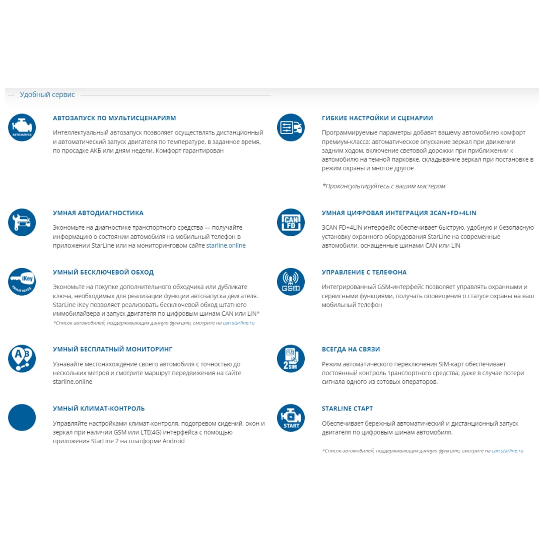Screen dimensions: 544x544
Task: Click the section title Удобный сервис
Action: [x=47, y=95]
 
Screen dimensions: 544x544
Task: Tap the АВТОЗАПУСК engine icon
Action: [x=22, y=127]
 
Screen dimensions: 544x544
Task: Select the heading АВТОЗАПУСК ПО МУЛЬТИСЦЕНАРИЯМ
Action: [x=114, y=118]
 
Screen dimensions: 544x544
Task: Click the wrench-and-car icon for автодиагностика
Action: [x=22, y=222]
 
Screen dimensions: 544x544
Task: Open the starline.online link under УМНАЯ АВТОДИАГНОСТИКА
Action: [x=226, y=245]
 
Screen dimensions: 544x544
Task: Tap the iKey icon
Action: [x=22, y=282]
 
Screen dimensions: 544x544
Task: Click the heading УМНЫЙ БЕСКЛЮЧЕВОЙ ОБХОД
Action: [x=103, y=272]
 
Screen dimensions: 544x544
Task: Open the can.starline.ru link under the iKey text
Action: [x=239, y=323]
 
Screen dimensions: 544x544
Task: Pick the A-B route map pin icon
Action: [x=22, y=358]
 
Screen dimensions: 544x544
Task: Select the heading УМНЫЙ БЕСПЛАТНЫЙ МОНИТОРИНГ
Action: [x=113, y=349]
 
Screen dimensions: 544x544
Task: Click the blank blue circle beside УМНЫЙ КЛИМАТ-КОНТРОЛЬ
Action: [x=22, y=418]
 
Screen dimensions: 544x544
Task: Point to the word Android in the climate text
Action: [x=173, y=441]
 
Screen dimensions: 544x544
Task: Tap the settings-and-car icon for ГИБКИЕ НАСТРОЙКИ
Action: [x=291, y=127]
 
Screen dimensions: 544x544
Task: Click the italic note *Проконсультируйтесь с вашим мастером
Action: [x=384, y=186]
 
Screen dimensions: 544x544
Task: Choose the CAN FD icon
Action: [x=291, y=222]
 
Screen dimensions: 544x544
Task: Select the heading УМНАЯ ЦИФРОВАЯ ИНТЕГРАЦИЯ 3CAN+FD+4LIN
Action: [x=399, y=213]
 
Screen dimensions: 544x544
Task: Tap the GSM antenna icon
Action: [x=291, y=282]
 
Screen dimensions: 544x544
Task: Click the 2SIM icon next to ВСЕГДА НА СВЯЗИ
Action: [x=291, y=358]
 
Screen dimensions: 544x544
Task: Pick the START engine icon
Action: [x=291, y=418]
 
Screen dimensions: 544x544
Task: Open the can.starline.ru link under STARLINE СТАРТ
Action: [x=507, y=451]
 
